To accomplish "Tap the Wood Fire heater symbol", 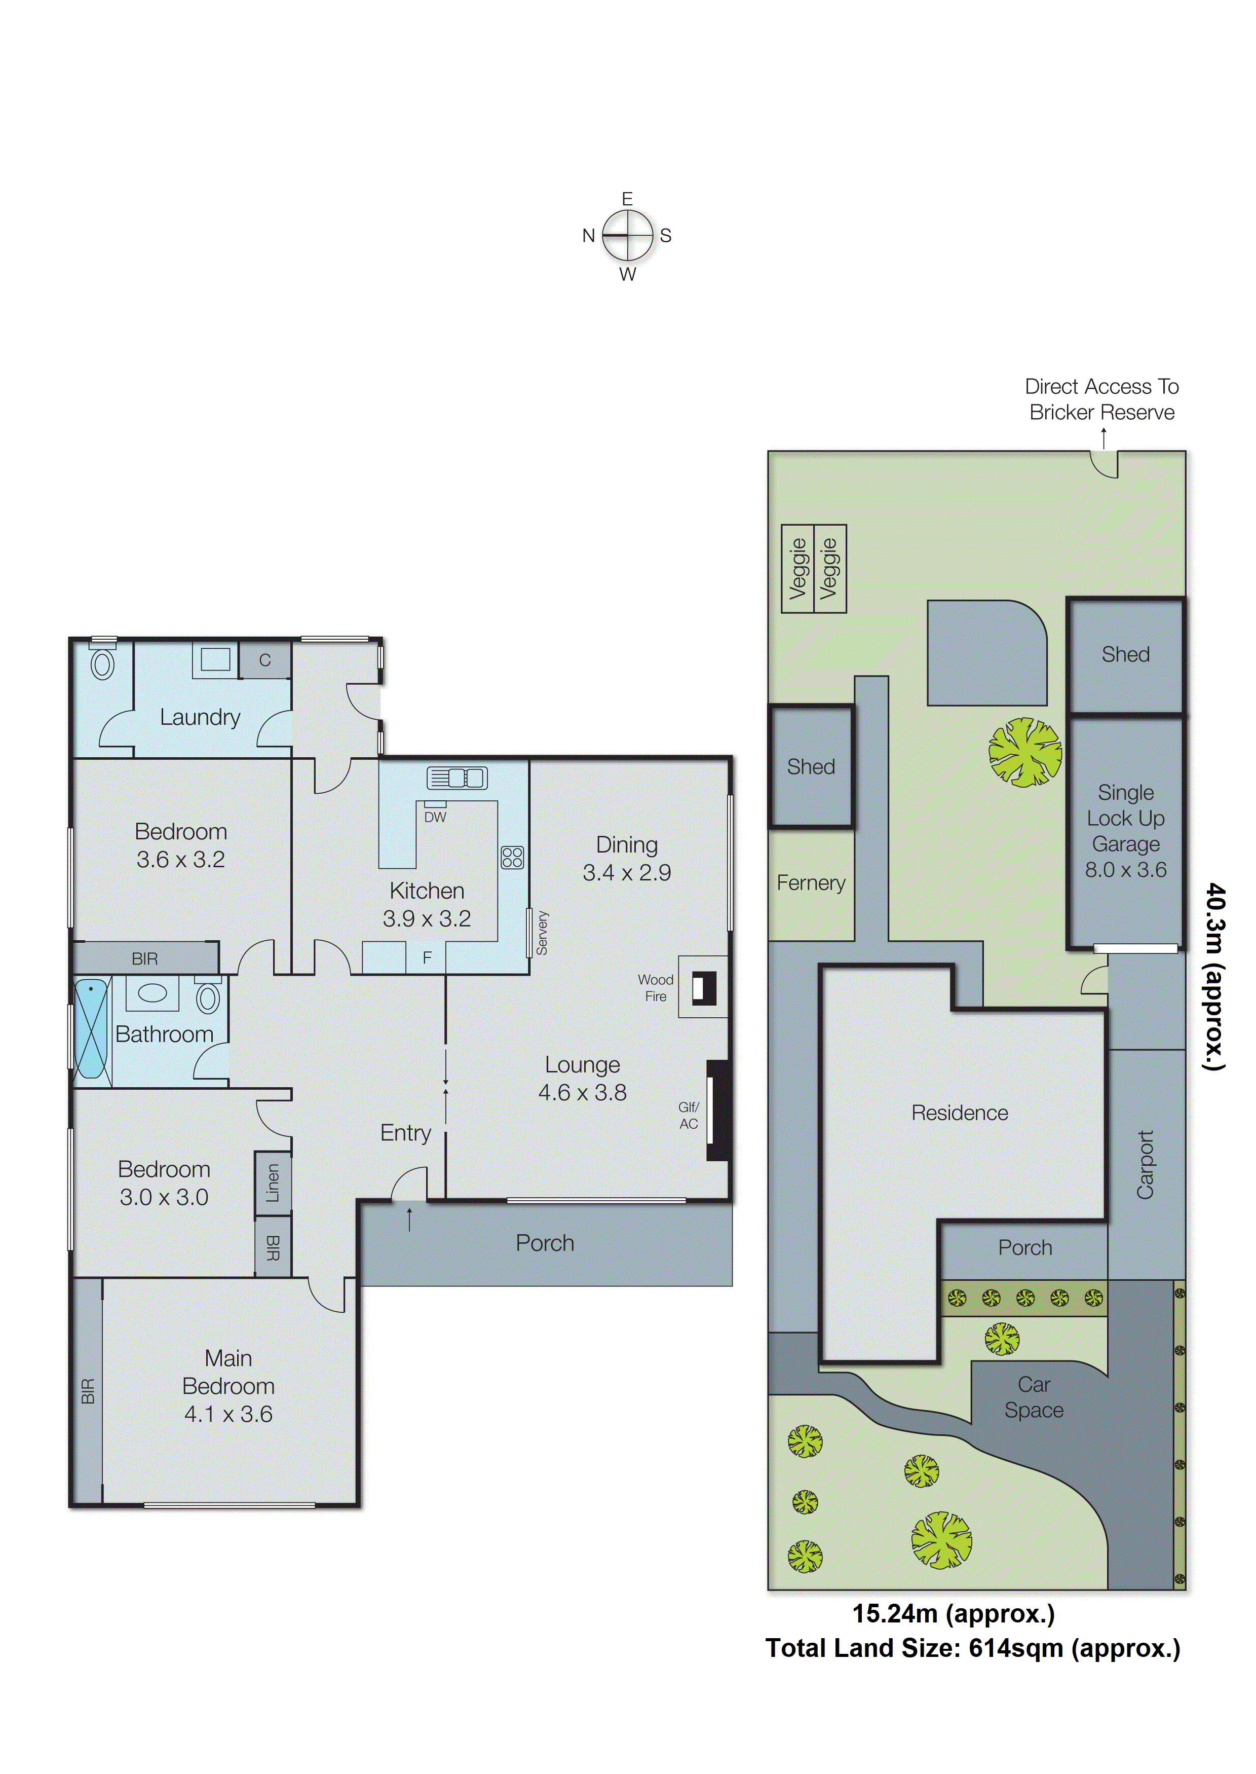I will point(703,987).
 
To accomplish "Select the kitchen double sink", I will point(457,778).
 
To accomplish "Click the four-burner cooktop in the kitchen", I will point(512,857).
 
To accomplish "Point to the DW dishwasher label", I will point(435,817).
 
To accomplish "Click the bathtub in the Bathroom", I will point(91,1028).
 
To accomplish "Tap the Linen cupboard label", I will point(272,1183).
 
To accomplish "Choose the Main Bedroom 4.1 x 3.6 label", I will point(228,1386).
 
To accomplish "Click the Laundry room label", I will point(200,717).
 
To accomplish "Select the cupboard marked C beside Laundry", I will point(264,660).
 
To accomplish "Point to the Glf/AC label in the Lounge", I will point(689,1115).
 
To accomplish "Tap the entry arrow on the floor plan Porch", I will point(409,1219).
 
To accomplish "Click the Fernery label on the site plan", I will point(811,883).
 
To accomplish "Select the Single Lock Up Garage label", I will point(1125,831).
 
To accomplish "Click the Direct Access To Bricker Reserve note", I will point(1101,399).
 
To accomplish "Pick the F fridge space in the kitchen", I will point(427,958).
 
